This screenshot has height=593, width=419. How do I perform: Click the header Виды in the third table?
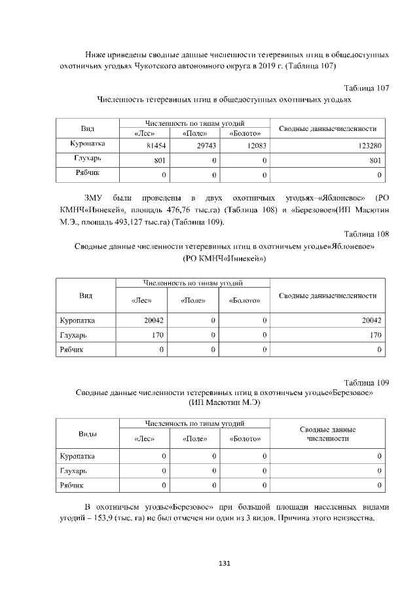coord(88,434)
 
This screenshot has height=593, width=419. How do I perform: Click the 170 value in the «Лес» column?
coord(157,335)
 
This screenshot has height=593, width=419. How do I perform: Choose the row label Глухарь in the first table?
coord(86,159)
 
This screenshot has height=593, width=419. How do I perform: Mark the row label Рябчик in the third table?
coord(73,486)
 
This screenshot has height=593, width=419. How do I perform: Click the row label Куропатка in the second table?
coord(77,320)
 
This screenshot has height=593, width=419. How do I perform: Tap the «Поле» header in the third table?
coord(194,438)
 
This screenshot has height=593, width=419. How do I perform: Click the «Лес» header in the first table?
coord(143,133)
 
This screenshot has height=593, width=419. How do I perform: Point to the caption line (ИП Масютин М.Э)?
coord(225,403)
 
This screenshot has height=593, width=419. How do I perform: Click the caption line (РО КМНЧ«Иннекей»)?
coord(225,258)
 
